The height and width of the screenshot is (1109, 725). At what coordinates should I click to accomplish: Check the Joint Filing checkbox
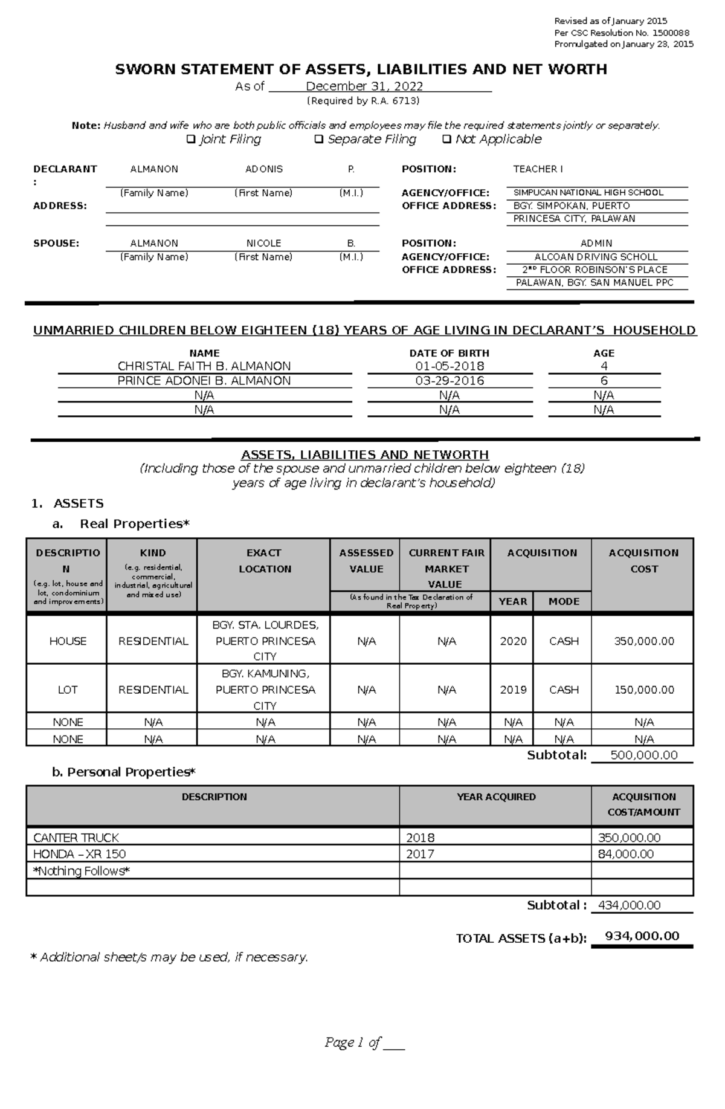pyautogui.click(x=191, y=140)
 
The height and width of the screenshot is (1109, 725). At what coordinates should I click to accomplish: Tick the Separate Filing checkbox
pyautogui.click(x=319, y=140)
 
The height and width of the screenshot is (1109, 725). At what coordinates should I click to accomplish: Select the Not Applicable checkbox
pyautogui.click(x=446, y=140)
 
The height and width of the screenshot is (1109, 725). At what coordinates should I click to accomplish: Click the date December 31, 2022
pyautogui.click(x=364, y=86)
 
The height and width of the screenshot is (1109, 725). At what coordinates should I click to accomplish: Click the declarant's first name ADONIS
pyautogui.click(x=264, y=169)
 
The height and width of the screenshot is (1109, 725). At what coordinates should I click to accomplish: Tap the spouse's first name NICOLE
pyautogui.click(x=263, y=244)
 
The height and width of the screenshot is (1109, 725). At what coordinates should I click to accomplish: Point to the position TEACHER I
pyautogui.click(x=538, y=169)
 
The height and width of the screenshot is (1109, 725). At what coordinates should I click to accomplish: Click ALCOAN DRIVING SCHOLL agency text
pyautogui.click(x=596, y=257)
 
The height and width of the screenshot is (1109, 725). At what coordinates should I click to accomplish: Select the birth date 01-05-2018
pyautogui.click(x=449, y=366)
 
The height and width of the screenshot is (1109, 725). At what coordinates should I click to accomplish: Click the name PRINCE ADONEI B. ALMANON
pyautogui.click(x=204, y=381)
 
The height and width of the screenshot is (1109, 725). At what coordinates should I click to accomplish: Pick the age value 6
pyautogui.click(x=604, y=381)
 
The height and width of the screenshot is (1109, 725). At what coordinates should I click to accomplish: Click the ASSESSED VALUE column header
pyautogui.click(x=366, y=561)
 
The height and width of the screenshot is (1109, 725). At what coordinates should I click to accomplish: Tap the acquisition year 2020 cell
pyautogui.click(x=513, y=641)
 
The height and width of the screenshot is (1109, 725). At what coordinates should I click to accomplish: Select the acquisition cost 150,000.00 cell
pyautogui.click(x=644, y=690)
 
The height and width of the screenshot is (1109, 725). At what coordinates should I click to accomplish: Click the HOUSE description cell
pyautogui.click(x=68, y=641)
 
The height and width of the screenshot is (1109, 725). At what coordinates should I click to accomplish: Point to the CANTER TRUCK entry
pyautogui.click(x=76, y=838)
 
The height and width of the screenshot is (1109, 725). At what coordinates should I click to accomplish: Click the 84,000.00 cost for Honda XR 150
pyautogui.click(x=626, y=854)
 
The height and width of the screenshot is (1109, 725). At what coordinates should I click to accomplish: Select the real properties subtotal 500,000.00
pyautogui.click(x=644, y=755)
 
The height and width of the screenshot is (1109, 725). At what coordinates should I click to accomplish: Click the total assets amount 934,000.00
pyautogui.click(x=642, y=936)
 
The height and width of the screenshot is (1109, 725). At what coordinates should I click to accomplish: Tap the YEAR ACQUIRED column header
pyautogui.click(x=496, y=797)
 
